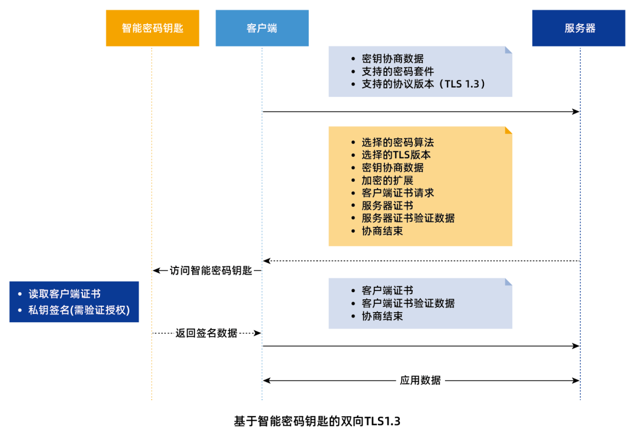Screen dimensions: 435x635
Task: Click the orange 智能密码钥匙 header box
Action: (152, 28)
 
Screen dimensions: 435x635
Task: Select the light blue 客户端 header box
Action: (262, 28)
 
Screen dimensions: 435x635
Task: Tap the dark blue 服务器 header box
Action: (579, 28)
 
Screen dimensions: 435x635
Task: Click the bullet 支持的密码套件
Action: (397, 71)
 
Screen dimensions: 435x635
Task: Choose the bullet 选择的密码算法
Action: (397, 142)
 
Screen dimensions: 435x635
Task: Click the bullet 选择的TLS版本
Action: (396, 155)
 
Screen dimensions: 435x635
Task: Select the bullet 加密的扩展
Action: (387, 180)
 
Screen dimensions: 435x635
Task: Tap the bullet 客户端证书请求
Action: (397, 193)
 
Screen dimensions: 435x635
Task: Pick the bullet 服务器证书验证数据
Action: (408, 218)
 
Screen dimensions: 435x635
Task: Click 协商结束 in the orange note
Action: (382, 231)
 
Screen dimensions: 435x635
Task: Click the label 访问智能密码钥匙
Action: (210, 270)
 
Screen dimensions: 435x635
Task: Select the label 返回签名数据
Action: (206, 333)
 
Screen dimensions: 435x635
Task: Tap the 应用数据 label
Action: (420, 380)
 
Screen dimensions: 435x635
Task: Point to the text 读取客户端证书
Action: (65, 294)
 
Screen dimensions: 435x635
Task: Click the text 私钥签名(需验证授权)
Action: (79, 310)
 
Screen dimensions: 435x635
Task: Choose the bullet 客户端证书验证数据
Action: (408, 303)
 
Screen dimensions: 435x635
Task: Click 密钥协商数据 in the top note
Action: (392, 59)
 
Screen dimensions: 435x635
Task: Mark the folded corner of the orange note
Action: (509, 130)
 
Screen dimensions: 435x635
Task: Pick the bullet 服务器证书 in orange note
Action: (387, 206)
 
